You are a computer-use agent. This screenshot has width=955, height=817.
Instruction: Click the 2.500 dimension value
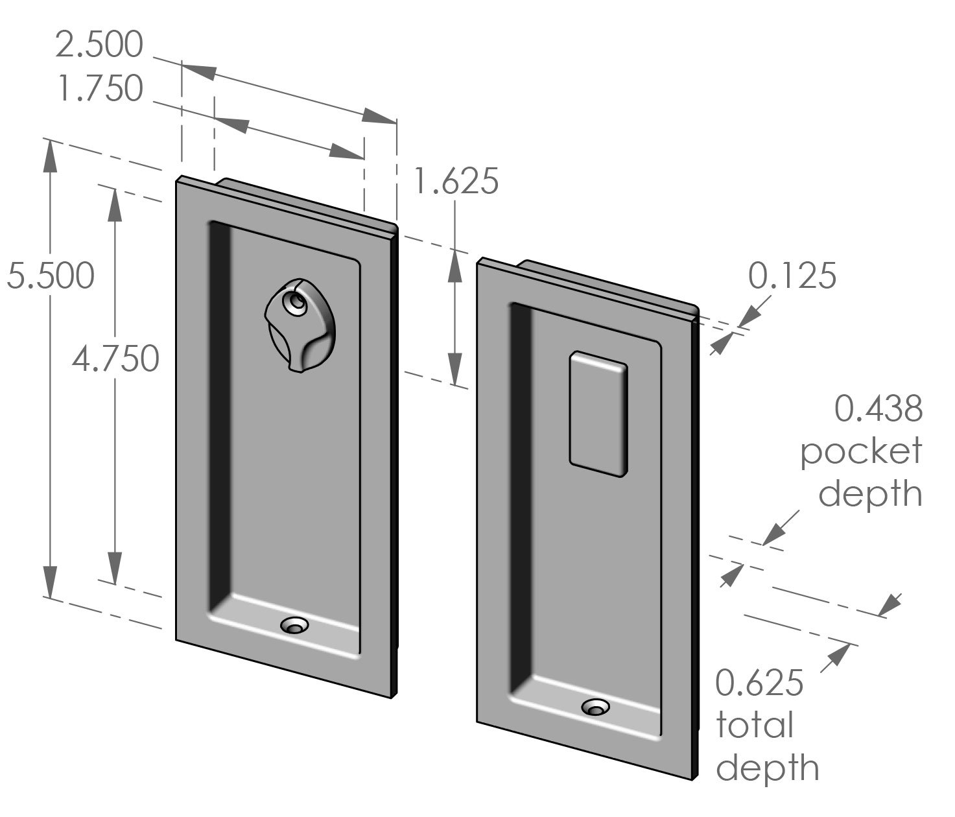point(99,45)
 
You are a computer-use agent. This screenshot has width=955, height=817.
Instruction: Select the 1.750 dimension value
point(99,89)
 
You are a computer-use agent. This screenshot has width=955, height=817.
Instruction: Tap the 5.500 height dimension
point(51,276)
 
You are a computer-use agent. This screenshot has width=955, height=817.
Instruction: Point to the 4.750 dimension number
point(115,358)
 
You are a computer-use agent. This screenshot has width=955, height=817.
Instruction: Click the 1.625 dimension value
point(456,181)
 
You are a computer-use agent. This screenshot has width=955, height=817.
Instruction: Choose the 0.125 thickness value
point(792,276)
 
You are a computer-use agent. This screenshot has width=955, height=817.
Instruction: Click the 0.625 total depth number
point(759,684)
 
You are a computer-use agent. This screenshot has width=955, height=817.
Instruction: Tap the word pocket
point(861,452)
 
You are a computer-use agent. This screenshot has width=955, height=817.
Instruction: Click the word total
point(754,725)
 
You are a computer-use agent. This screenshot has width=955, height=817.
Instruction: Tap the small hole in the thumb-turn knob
point(297,303)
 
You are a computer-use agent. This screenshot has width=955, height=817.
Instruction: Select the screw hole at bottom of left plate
point(294,626)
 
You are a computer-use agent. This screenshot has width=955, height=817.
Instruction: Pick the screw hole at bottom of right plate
point(595,707)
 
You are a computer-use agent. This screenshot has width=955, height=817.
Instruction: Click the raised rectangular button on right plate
point(598,415)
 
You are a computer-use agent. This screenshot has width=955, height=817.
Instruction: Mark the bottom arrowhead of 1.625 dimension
point(456,370)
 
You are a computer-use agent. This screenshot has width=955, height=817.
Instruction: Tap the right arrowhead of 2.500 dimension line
point(379,117)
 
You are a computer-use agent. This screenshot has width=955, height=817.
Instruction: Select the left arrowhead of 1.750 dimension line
point(230,123)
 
